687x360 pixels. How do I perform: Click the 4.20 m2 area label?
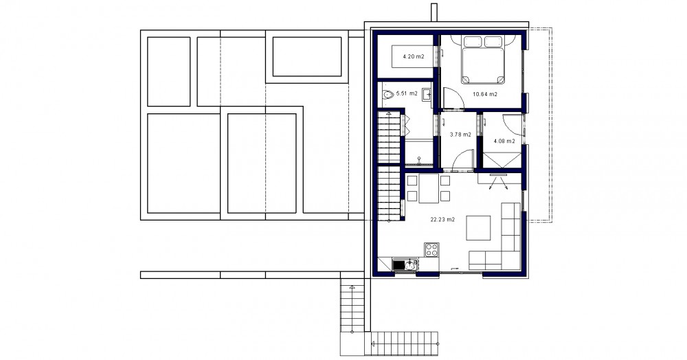tap(414, 56)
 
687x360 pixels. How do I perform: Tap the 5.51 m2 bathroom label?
tap(407, 93)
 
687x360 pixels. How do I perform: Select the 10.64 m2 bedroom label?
tap(485, 93)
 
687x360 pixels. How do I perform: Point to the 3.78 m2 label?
tap(460, 135)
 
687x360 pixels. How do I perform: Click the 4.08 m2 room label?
tap(504, 141)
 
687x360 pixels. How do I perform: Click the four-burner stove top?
tap(431, 249)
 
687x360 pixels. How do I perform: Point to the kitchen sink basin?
tap(411, 265)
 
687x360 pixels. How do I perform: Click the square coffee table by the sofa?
tap(478, 227)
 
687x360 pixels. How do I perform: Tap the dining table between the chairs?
tap(429, 188)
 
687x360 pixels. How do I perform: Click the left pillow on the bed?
tap(473, 42)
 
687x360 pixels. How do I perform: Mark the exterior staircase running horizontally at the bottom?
tap(405, 344)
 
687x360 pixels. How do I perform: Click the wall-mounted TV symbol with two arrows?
tap(499, 181)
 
